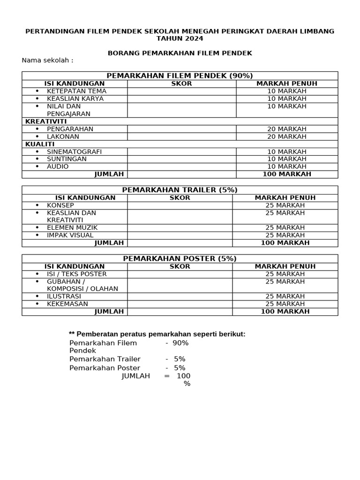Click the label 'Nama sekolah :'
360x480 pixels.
point(47,60)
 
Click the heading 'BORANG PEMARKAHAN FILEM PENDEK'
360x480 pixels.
point(180,53)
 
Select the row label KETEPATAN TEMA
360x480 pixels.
point(76,91)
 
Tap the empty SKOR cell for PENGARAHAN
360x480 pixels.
point(181,129)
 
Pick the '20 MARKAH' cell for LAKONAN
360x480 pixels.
point(287,136)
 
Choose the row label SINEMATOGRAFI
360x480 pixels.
point(74,151)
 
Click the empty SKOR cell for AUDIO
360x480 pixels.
point(181,166)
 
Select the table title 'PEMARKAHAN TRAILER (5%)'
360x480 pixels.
point(180,190)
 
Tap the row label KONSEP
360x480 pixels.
point(60,205)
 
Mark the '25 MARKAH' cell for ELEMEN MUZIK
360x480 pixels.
point(285,227)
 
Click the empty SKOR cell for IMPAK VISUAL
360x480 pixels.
point(180,235)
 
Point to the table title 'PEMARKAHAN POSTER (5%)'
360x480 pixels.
point(180,258)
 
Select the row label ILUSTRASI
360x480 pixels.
point(64,296)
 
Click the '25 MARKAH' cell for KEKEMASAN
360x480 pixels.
point(285,304)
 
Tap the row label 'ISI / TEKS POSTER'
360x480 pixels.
point(76,274)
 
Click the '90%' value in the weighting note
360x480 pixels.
point(180,343)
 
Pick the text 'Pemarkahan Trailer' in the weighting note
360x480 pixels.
point(105,359)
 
